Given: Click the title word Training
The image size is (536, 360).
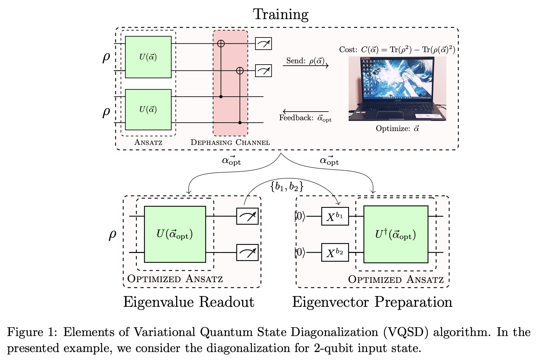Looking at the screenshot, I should (281, 15).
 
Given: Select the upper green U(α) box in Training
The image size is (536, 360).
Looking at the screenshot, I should (148, 57).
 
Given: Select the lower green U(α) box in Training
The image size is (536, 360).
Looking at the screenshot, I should (148, 109).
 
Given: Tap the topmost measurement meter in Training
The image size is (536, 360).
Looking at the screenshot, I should (263, 44).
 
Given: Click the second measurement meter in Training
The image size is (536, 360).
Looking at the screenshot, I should (263, 71).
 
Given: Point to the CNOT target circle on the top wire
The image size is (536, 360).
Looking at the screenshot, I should (221, 43).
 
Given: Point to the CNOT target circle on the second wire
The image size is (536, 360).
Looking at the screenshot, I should (239, 71).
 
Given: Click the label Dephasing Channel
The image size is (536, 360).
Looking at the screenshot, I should (230, 142).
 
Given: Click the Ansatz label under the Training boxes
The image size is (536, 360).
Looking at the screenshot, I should (148, 142).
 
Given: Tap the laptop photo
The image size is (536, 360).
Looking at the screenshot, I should (397, 89).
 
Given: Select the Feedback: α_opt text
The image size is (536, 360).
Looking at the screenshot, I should (305, 118).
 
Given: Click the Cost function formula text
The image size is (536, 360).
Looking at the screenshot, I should (397, 50).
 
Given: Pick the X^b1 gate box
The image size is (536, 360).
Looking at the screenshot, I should (335, 216).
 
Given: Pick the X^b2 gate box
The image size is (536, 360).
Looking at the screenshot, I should (335, 253).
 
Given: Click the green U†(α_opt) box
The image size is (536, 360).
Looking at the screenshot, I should (396, 235).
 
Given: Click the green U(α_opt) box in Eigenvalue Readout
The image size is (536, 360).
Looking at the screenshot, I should (175, 234).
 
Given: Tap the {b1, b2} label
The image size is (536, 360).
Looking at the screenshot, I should (287, 187).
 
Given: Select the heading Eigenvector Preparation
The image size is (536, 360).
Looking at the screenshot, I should (372, 302).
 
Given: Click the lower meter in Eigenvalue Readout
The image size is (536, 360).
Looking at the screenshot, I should (247, 253).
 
